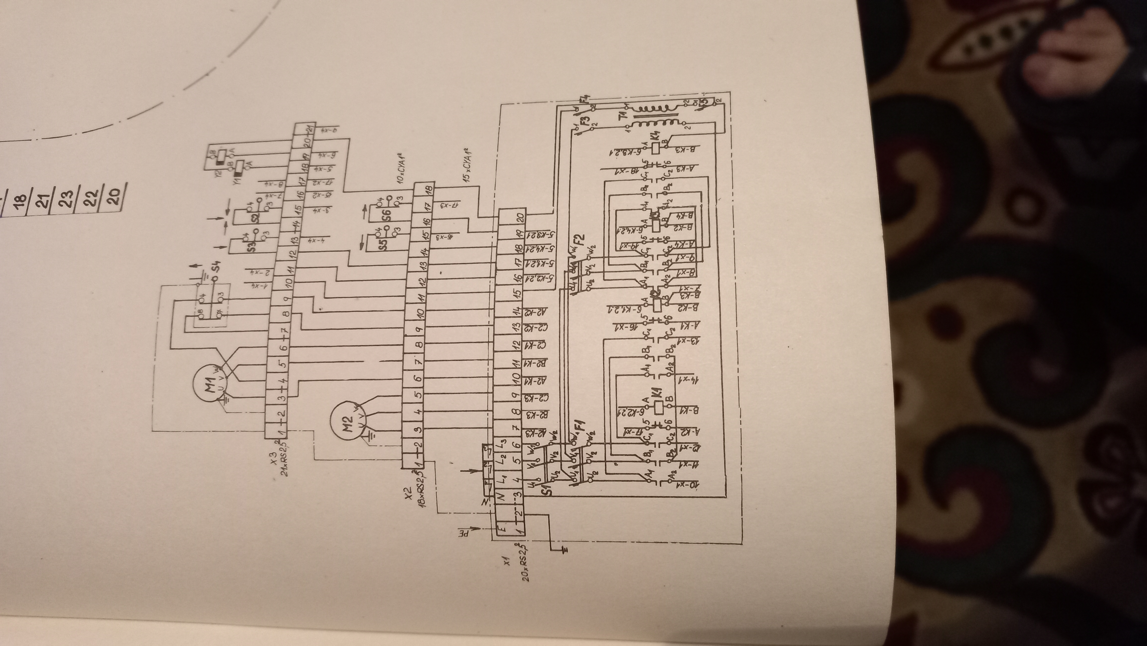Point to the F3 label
585,120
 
